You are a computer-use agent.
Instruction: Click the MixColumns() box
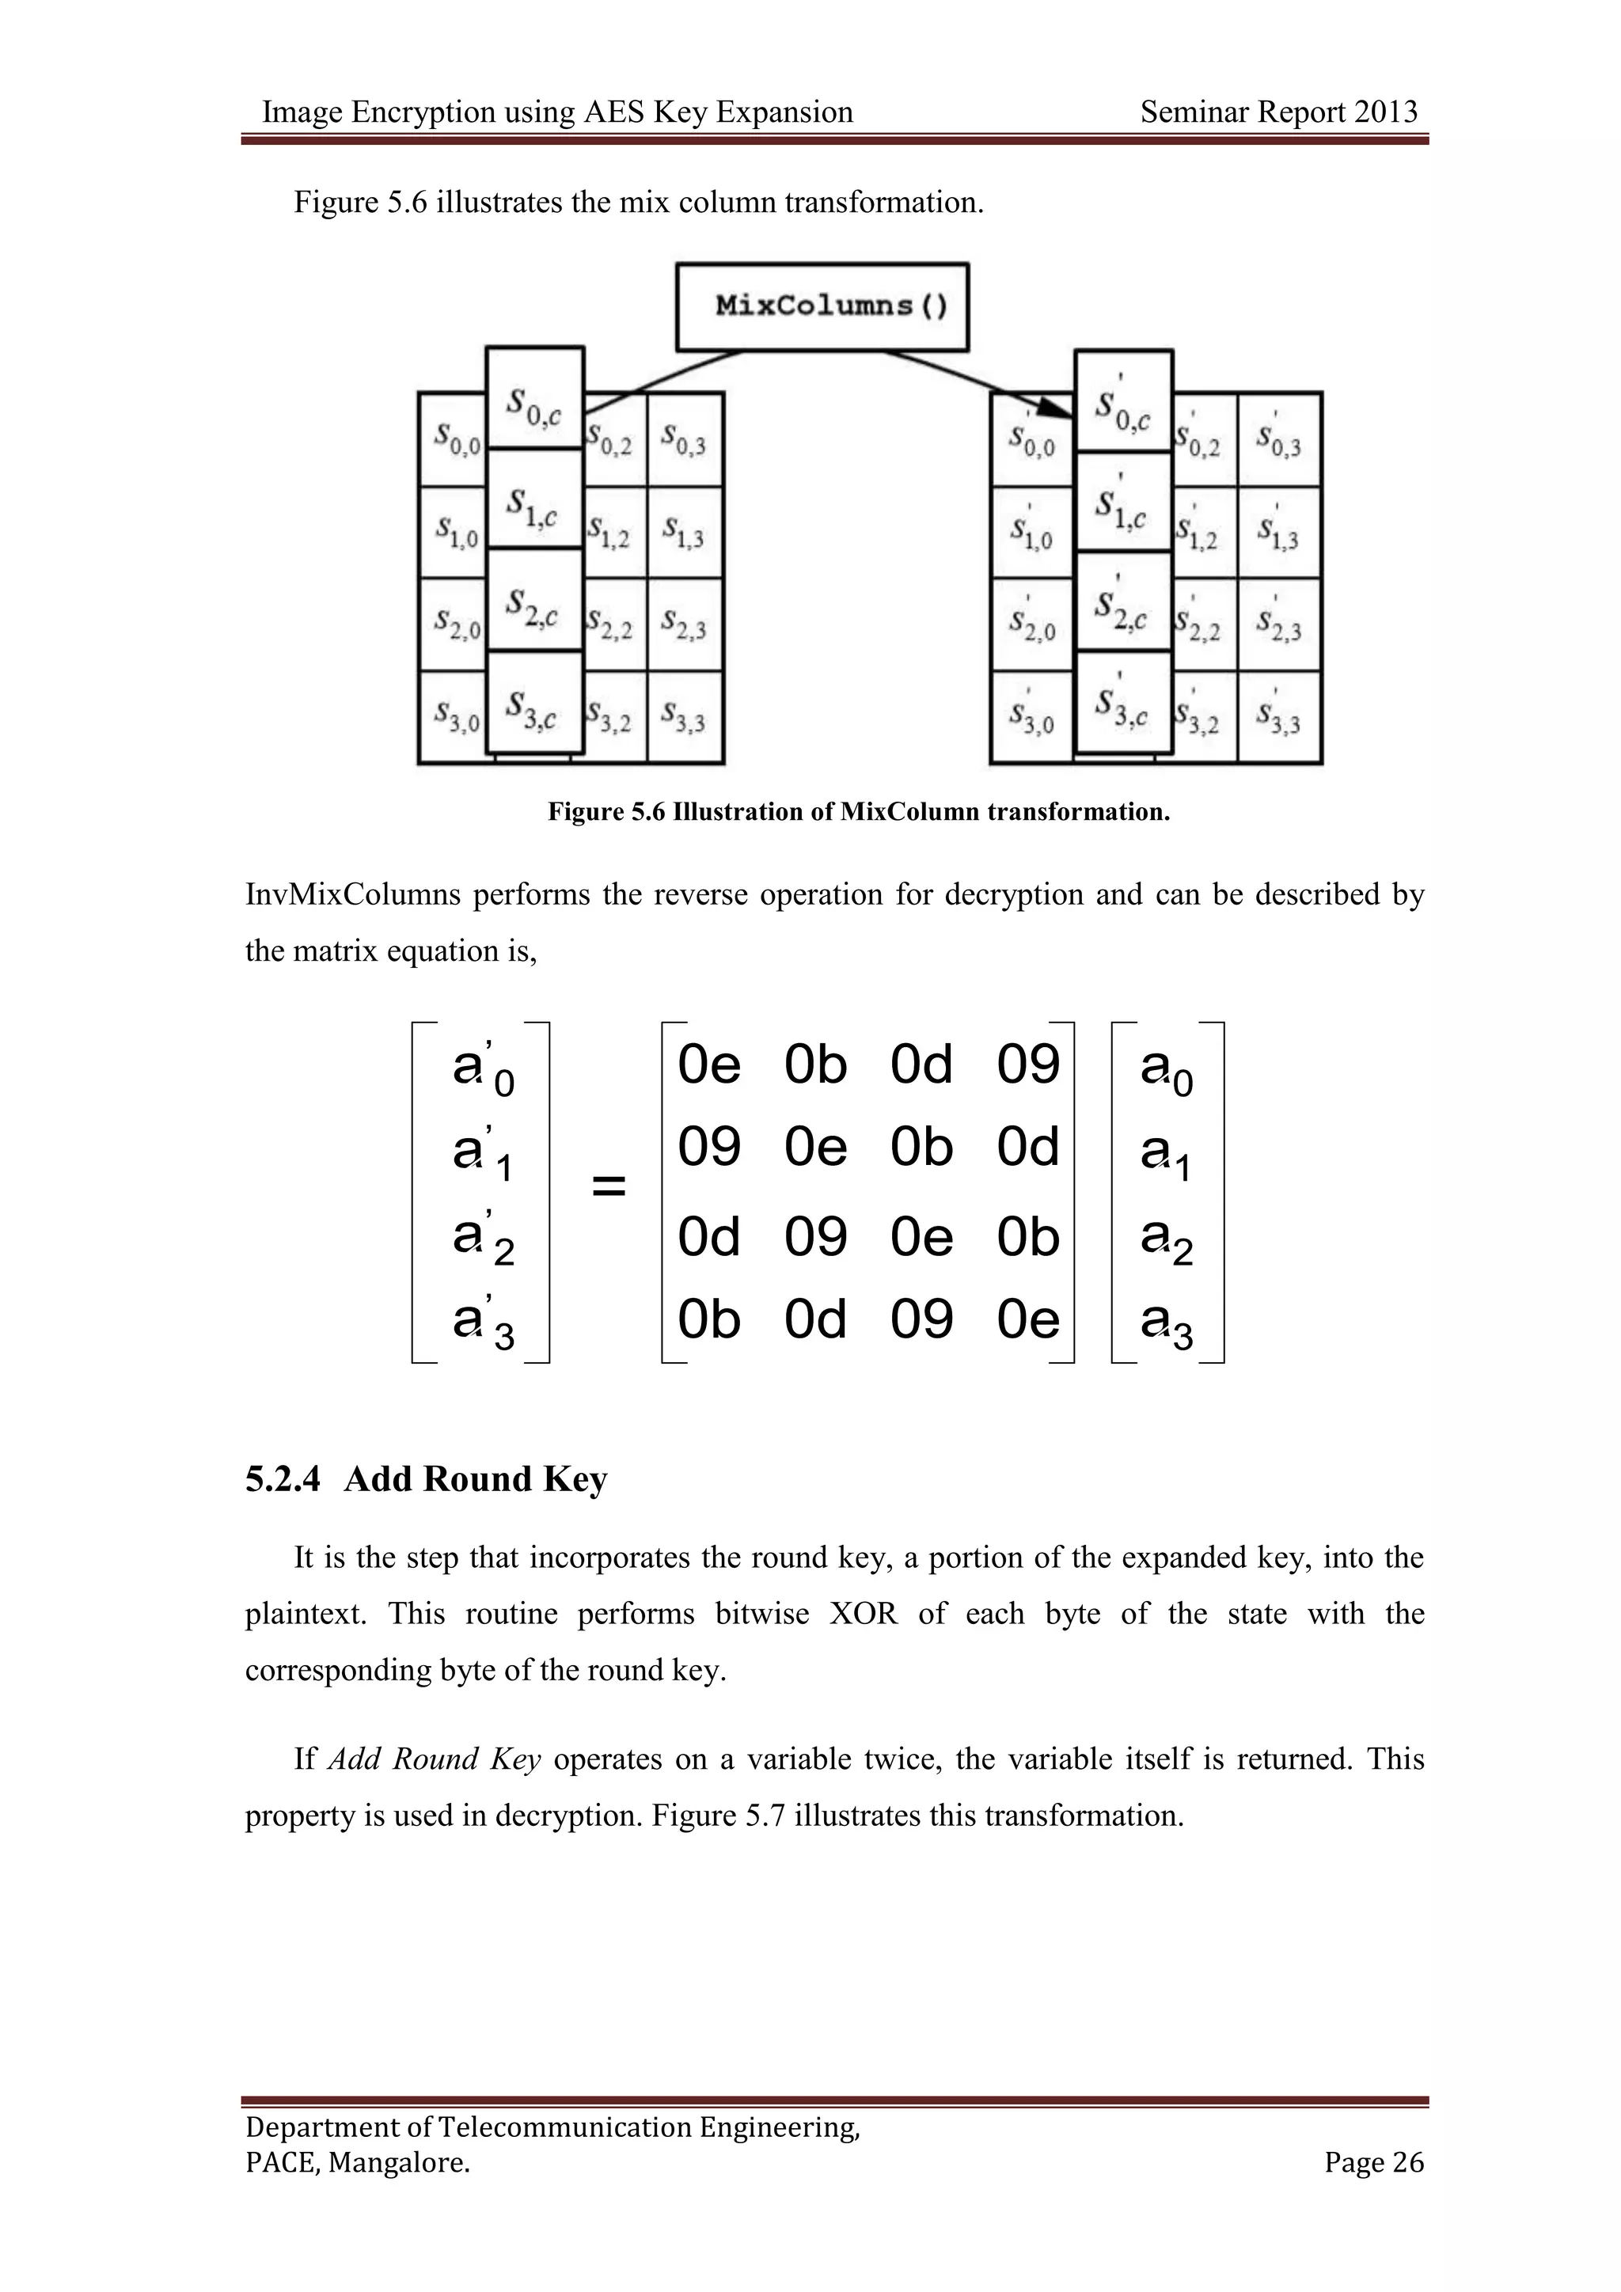(x=822, y=306)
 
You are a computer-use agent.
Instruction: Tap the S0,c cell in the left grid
(x=534, y=400)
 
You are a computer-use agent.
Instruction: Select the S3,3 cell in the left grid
(x=684, y=717)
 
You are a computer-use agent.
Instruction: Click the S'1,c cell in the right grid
(x=1123, y=502)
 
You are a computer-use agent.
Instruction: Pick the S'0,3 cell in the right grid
(x=1278, y=439)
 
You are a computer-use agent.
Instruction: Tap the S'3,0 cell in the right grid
(x=1031, y=717)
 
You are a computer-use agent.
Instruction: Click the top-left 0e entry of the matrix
(x=708, y=1064)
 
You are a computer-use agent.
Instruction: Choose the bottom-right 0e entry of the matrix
(x=1028, y=1319)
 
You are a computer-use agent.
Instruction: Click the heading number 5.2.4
(x=283, y=1479)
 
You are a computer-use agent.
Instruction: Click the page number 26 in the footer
(x=1407, y=2162)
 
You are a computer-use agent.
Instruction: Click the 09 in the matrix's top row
(x=1028, y=1064)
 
